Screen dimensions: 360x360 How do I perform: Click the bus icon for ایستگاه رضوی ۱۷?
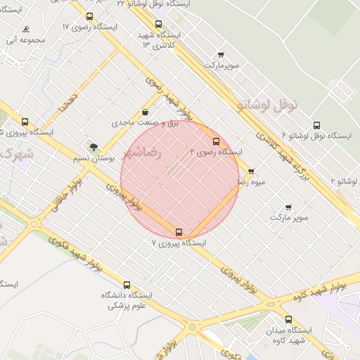pyautogui.click(x=89, y=16)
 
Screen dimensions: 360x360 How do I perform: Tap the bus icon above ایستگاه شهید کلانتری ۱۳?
pyautogui.click(x=158, y=24)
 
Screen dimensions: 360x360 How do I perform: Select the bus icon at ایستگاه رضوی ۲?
pyautogui.click(x=215, y=141)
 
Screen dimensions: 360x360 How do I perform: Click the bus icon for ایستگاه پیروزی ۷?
pyautogui.click(x=179, y=232)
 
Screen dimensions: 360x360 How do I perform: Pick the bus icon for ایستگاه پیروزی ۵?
pyautogui.click(x=25, y=122)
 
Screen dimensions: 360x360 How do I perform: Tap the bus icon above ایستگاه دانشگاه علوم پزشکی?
pyautogui.click(x=127, y=285)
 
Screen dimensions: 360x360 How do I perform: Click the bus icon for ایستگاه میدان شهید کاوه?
pyautogui.click(x=288, y=319)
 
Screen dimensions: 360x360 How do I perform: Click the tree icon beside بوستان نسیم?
pyautogui.click(x=94, y=146)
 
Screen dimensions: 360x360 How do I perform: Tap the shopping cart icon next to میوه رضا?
pyautogui.click(x=251, y=172)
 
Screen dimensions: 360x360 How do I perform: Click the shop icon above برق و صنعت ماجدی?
pyautogui.click(x=145, y=112)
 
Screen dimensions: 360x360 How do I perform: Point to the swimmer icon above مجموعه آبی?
pyautogui.click(x=26, y=30)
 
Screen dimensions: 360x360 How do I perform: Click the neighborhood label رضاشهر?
pyautogui.click(x=142, y=152)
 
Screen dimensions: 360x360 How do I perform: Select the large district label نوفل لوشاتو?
pyautogui.click(x=268, y=105)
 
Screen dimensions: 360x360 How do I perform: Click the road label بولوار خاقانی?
pyautogui.click(x=66, y=195)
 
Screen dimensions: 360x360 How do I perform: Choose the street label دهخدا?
pyautogui.click(x=69, y=102)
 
